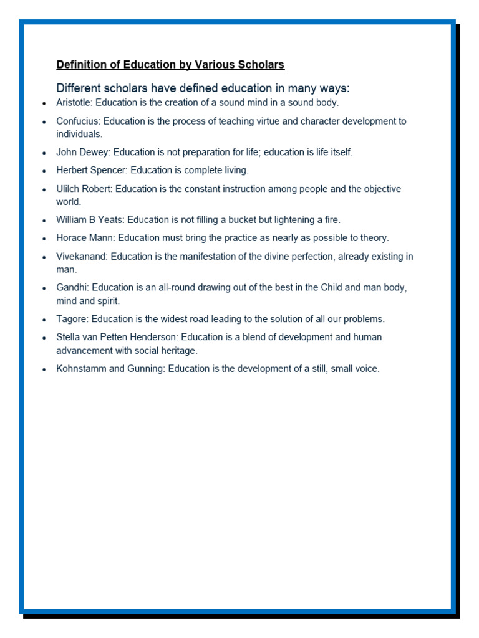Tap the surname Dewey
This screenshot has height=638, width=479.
point(93,152)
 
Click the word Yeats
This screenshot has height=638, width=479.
point(111,220)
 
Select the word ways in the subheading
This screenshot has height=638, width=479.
point(333,88)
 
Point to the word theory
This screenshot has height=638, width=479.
point(373,238)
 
